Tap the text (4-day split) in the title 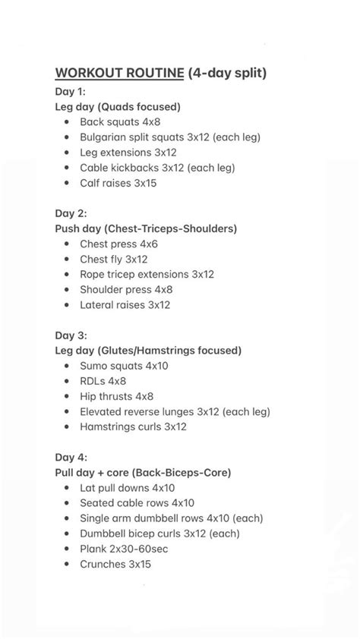coord(226,73)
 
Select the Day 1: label coord(71,92)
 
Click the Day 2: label coord(71,213)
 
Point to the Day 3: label coord(71,335)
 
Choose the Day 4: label coord(71,457)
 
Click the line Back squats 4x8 coord(120,121)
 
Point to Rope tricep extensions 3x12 coord(147,274)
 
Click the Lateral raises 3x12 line coord(125,304)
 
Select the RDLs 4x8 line coord(103,380)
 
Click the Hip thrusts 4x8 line coord(116,396)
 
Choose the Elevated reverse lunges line coord(175,411)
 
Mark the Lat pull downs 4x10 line coord(128,487)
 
